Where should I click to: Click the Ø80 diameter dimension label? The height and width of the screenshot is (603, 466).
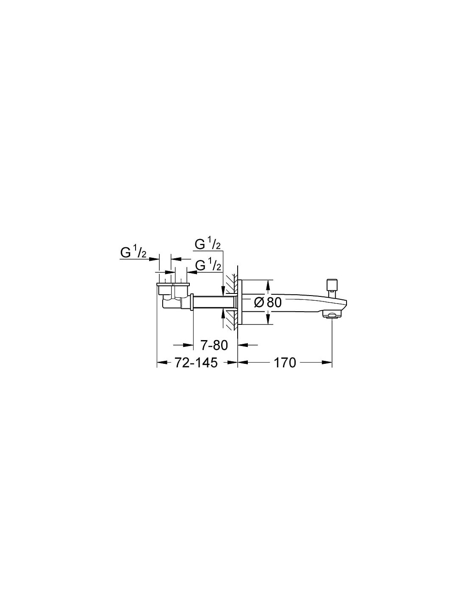point(268,302)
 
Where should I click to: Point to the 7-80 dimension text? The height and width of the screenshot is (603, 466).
point(214,345)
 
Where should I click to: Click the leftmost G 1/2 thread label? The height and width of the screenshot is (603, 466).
point(133,253)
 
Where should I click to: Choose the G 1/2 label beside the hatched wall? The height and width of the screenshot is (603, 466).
point(208,265)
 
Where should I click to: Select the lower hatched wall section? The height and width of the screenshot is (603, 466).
point(231,320)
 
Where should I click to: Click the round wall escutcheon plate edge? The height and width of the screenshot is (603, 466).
point(240,302)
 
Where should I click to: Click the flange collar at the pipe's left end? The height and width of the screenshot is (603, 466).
point(191,302)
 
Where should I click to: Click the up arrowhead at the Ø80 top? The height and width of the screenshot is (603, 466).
point(268,284)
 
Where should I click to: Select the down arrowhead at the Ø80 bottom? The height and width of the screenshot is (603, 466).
point(268,320)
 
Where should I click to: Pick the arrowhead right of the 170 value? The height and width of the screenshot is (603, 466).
point(327,362)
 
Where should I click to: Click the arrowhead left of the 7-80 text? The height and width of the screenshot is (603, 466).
point(189,345)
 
